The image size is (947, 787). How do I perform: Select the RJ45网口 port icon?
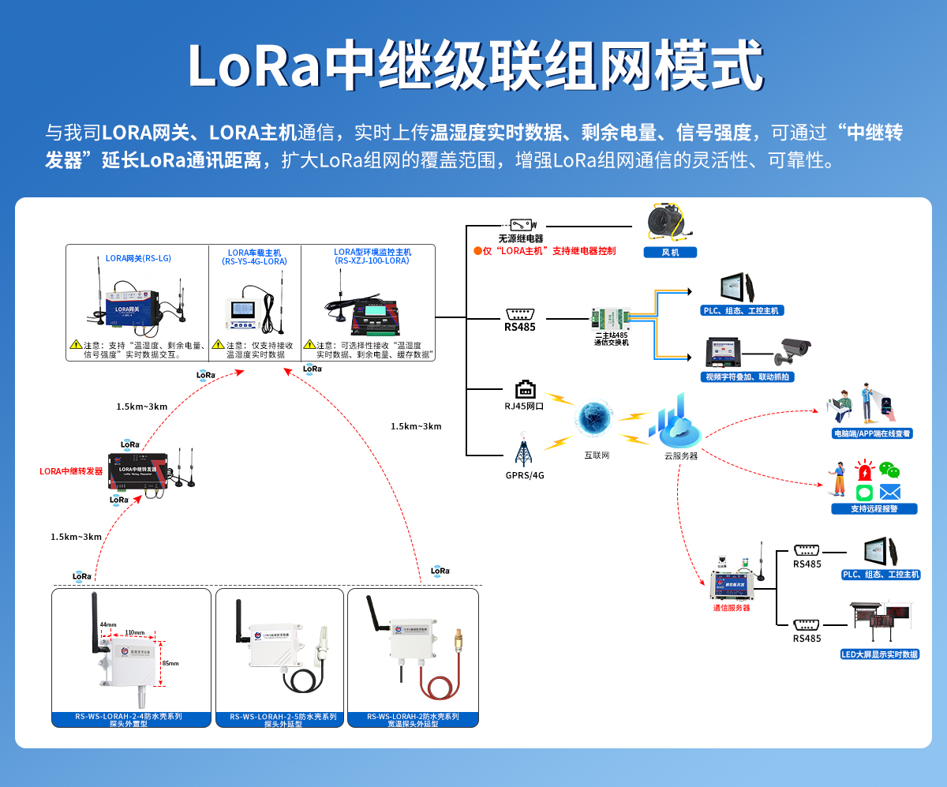525,390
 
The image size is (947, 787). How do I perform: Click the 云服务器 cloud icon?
674,423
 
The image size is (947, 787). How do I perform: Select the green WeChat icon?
889,470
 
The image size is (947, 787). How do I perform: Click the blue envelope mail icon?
889,493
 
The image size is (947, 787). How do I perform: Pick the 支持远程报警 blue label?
874,509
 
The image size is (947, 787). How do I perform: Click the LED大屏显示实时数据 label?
880,654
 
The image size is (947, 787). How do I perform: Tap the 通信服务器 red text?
731,608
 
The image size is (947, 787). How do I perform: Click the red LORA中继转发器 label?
72,471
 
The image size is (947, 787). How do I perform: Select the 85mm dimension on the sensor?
169,663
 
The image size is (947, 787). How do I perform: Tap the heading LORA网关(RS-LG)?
138,258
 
